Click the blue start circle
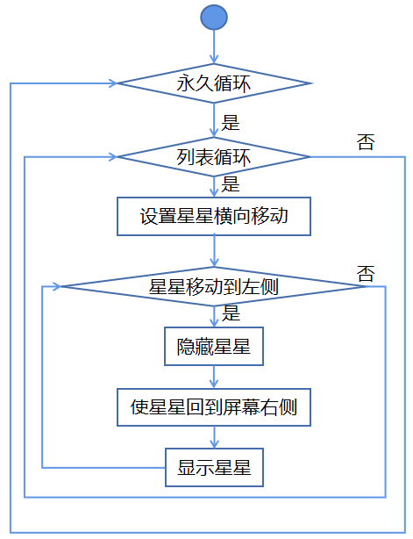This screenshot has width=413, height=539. pos(214,18)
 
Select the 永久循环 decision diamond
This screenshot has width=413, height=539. pos(214,83)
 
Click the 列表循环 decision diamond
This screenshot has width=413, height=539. pos(214,157)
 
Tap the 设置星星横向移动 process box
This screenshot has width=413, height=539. pos(214,216)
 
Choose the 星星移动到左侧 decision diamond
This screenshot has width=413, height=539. pos(214,286)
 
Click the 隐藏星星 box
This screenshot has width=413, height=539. pos(214,346)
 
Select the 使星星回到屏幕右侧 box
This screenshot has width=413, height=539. pos(214,407)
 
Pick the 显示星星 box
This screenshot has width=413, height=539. pos(214,468)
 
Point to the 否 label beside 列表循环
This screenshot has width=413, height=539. pos(366,142)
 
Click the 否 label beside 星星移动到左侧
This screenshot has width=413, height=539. pos(366,274)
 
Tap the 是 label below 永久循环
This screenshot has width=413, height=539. pos(231,123)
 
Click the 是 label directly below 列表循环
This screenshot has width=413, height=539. pos(231,184)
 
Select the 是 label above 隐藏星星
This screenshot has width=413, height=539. pos(231,313)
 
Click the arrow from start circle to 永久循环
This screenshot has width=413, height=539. pos(214,47)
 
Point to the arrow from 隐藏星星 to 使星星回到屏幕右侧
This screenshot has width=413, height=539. pos(214,377)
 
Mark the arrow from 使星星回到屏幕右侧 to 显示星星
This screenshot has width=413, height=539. pos(214,437)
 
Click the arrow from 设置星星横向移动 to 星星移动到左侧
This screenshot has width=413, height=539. pos(214,251)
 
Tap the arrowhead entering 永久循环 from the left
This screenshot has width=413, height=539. pos(113,83)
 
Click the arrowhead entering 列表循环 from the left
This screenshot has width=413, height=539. pos(113,157)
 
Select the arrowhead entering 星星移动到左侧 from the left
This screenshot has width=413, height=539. pos(57,286)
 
